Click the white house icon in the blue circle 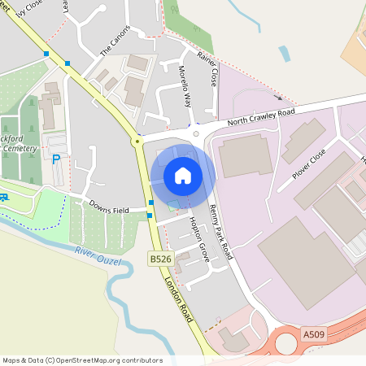[183, 175]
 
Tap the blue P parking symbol [56, 159]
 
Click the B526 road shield [161, 259]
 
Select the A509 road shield [315, 334]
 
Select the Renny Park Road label [220, 231]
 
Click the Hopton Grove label [199, 239]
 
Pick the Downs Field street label [109, 209]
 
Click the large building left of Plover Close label [246, 156]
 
